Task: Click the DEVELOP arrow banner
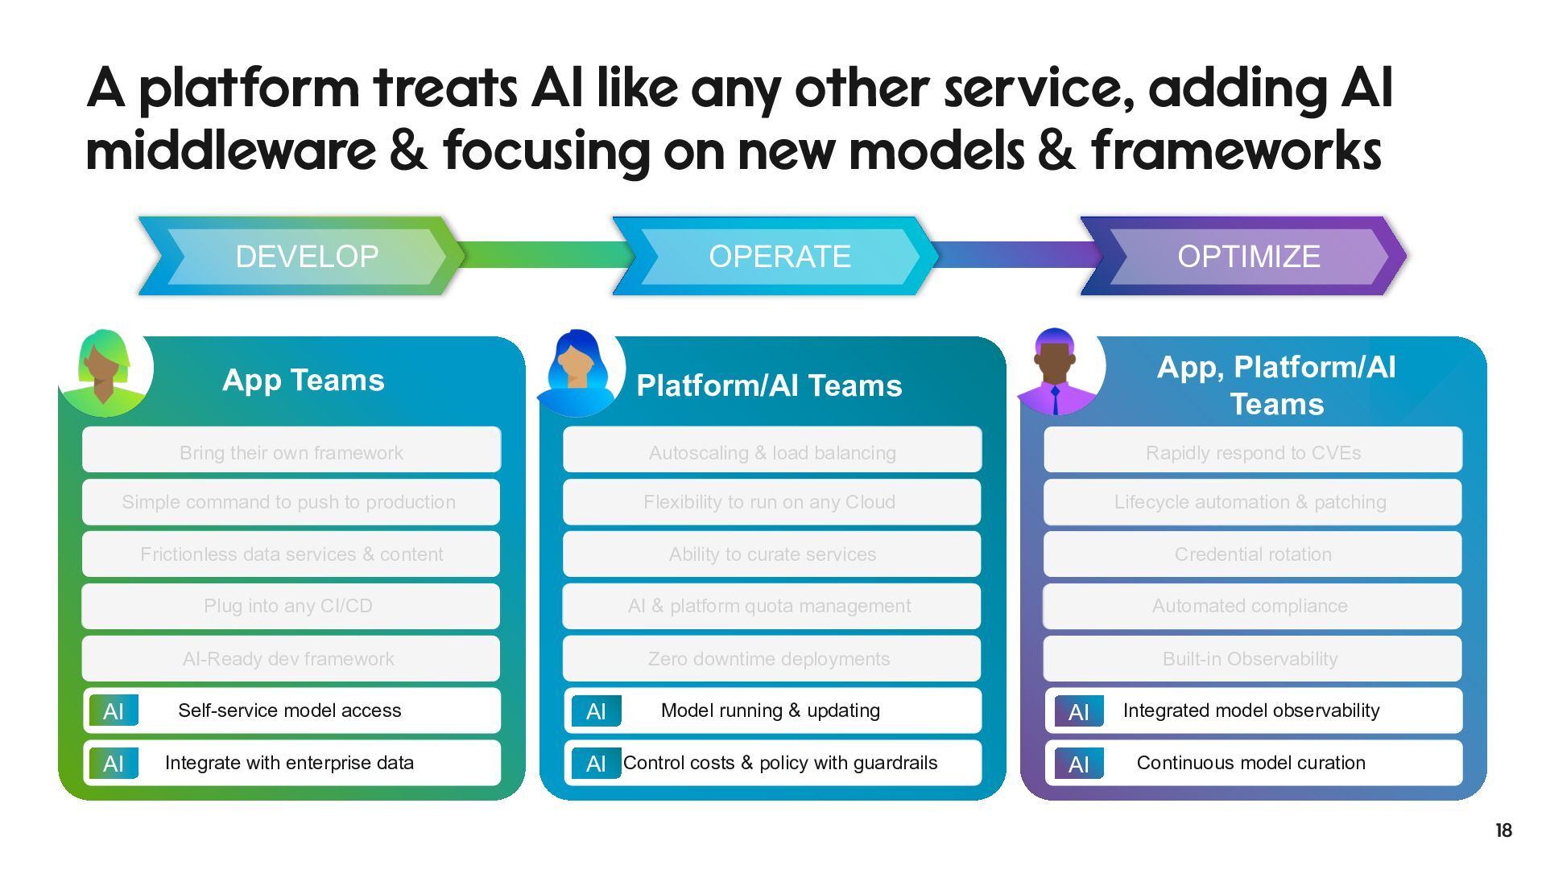[x=306, y=256]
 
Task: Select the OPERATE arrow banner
[x=779, y=256]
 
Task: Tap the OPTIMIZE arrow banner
[x=1247, y=256]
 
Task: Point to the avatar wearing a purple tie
[x=1056, y=372]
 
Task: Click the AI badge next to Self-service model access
[x=114, y=711]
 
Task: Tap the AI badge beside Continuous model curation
[x=1079, y=764]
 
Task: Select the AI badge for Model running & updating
[x=596, y=711]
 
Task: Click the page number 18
[x=1503, y=830]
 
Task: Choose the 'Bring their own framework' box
[x=291, y=452]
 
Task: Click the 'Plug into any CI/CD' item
[x=288, y=606]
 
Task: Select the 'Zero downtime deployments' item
[x=769, y=659]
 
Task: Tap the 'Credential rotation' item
[x=1252, y=554]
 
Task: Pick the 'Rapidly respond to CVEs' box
[x=1252, y=452]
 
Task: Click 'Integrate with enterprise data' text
[x=289, y=763]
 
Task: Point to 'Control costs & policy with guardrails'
[x=780, y=763]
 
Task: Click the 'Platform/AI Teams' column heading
[x=769, y=385]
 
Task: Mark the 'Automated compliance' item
[x=1250, y=606]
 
